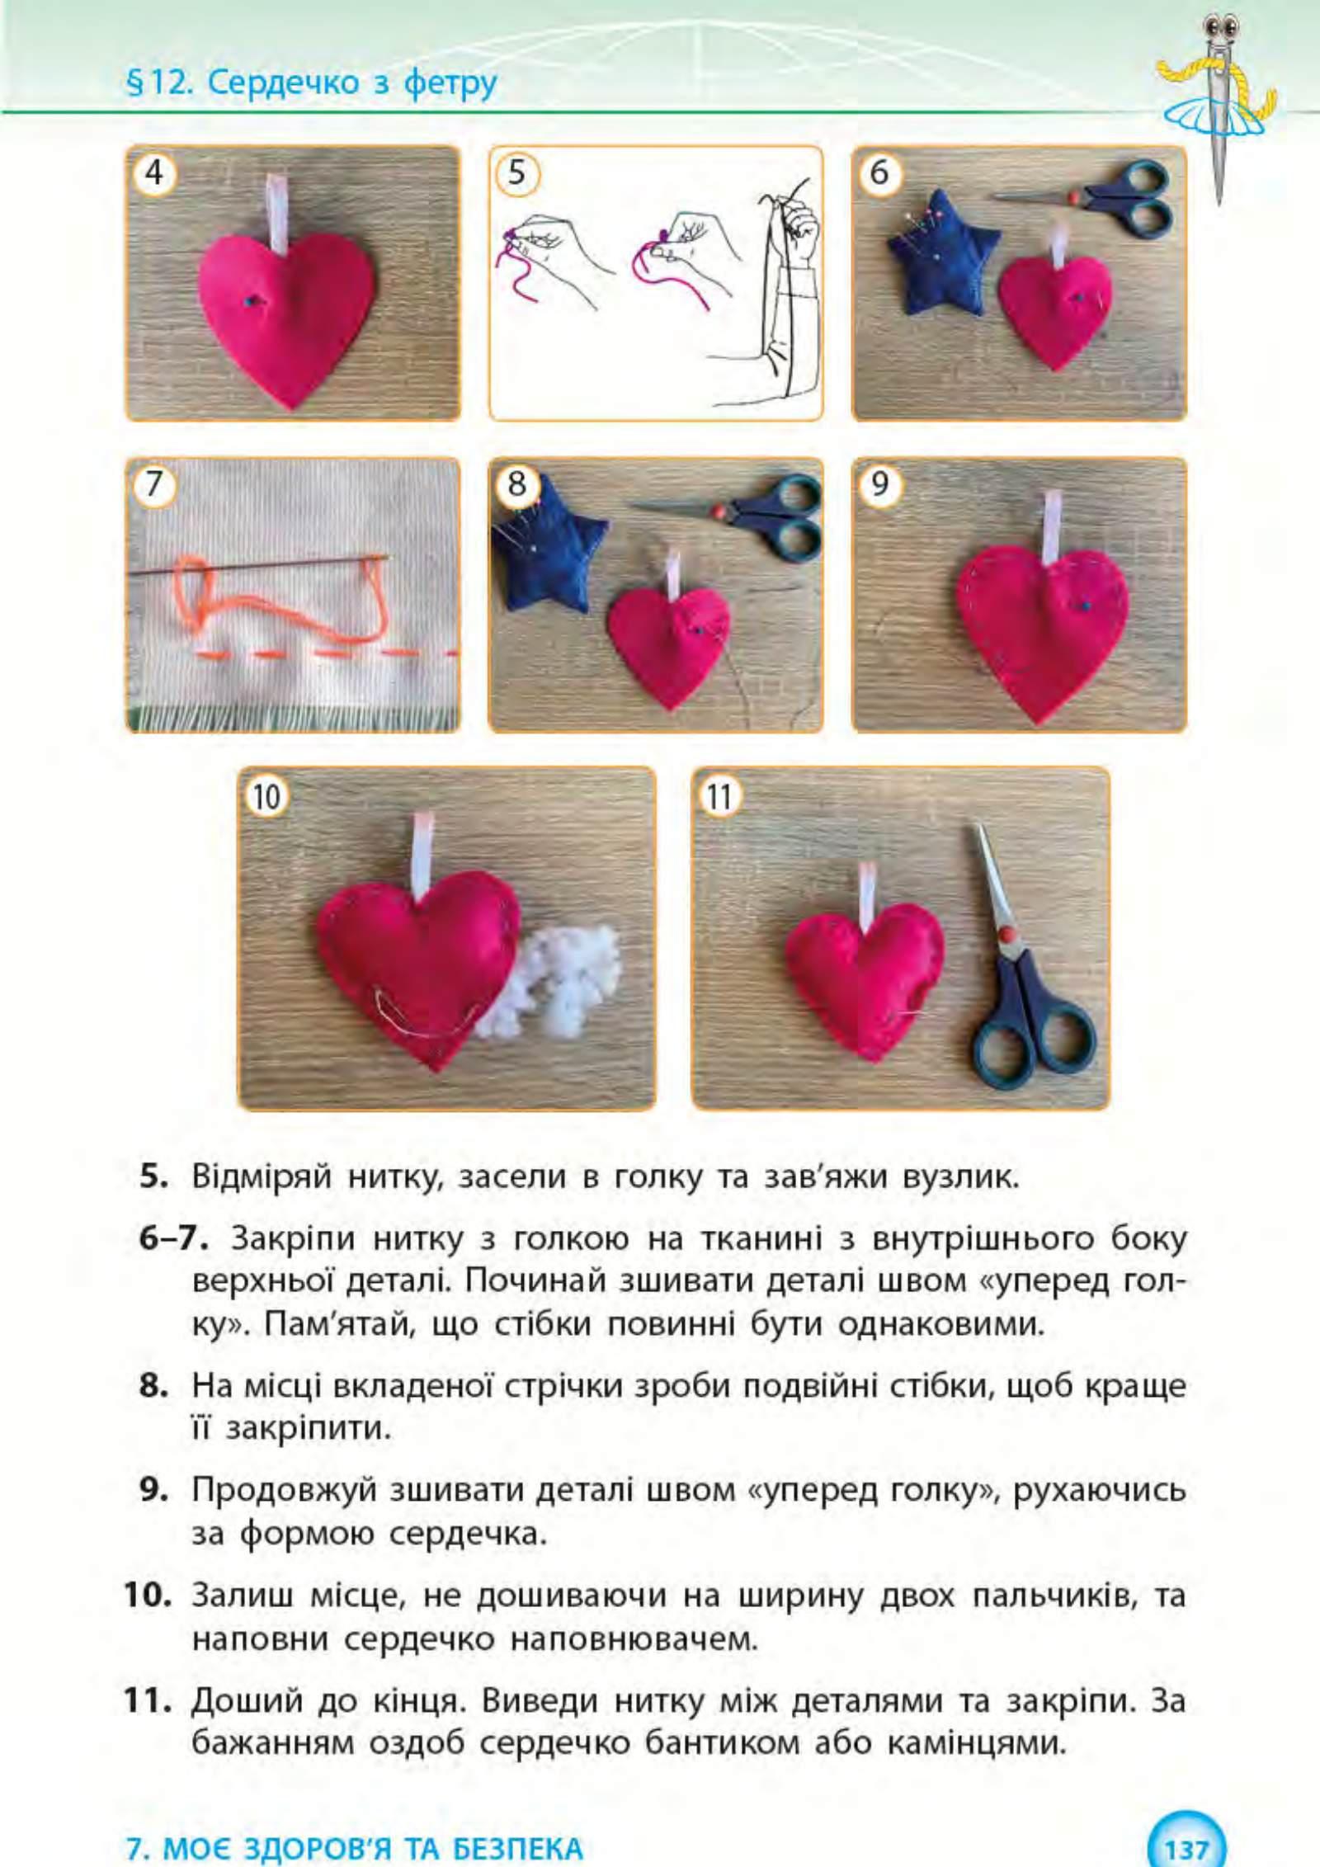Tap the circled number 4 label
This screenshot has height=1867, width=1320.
[154, 173]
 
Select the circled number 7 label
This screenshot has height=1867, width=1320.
[154, 484]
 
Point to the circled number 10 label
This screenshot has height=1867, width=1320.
[266, 796]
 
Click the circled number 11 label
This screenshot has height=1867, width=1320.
[719, 796]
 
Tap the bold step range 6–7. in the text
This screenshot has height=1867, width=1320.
[175, 1239]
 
